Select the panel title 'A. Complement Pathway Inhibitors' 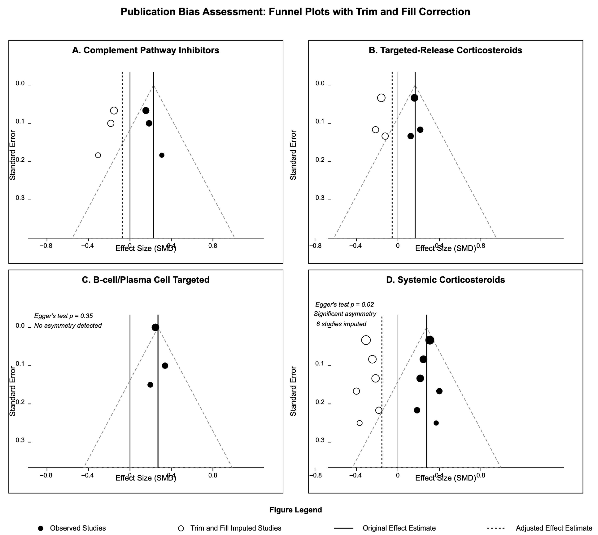coord(146,50)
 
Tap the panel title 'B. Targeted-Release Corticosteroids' coord(445,50)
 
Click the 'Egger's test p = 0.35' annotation coord(63,316)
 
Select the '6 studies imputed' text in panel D coord(341,324)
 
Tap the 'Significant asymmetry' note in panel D coord(345,314)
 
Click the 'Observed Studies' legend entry coord(78,528)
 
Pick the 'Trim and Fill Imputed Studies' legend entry coord(236,528)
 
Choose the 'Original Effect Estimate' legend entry coord(399,528)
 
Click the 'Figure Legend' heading coord(296,510)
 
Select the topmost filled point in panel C coord(155,327)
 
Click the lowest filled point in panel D coord(436,423)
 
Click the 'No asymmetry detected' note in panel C coord(68,326)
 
